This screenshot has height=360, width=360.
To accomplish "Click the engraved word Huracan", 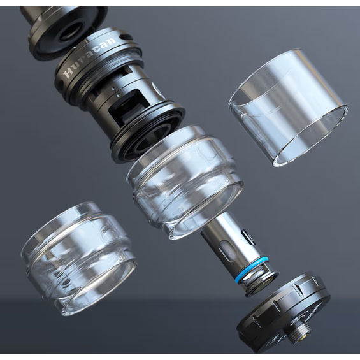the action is coord(90,57).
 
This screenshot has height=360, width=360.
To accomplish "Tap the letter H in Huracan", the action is coord(68,73).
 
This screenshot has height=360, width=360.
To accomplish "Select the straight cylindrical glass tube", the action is coord(288,108).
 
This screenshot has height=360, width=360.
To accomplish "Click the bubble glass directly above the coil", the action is coord(185,182).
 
